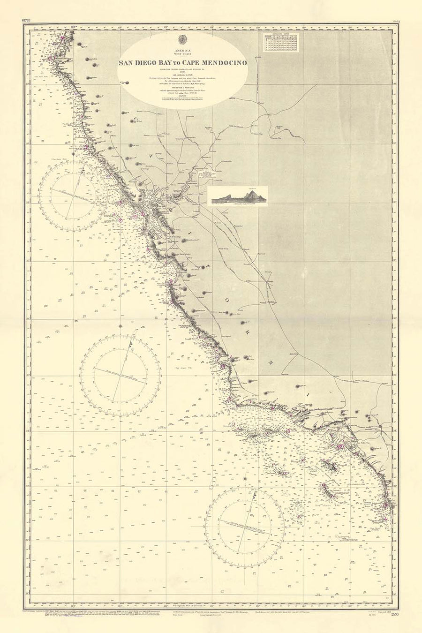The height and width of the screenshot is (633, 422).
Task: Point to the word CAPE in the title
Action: pos(191,62)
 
